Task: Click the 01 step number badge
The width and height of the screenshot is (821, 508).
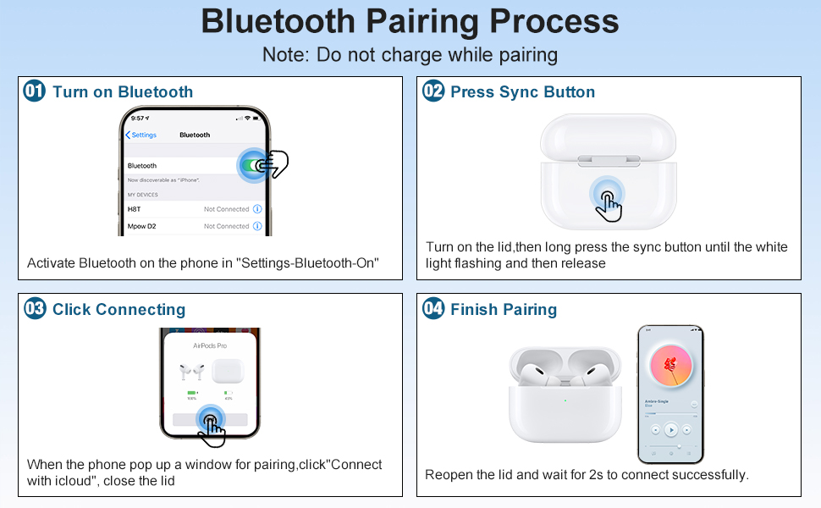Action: point(35,91)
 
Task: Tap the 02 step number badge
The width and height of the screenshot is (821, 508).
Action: point(433,91)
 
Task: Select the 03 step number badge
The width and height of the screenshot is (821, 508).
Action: point(35,308)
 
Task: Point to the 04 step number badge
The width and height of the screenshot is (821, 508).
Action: point(433,308)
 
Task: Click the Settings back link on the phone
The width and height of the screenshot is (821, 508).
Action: point(141,135)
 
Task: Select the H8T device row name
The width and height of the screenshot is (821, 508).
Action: point(135,209)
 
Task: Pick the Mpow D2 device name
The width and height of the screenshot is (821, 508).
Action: point(141,227)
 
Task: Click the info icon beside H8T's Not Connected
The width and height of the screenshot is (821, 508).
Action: point(257,209)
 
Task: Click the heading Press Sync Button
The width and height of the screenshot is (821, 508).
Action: point(522,91)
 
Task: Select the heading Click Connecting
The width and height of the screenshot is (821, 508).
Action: point(118,309)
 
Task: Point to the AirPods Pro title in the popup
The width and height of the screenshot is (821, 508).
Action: point(210,346)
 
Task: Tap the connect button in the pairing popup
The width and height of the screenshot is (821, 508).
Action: point(210,418)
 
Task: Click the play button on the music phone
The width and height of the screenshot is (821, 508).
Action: point(670,430)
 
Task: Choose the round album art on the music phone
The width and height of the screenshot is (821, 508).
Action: point(669,365)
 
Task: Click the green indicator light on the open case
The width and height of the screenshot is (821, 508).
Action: point(565,401)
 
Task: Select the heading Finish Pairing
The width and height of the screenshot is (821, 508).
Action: point(504,309)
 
